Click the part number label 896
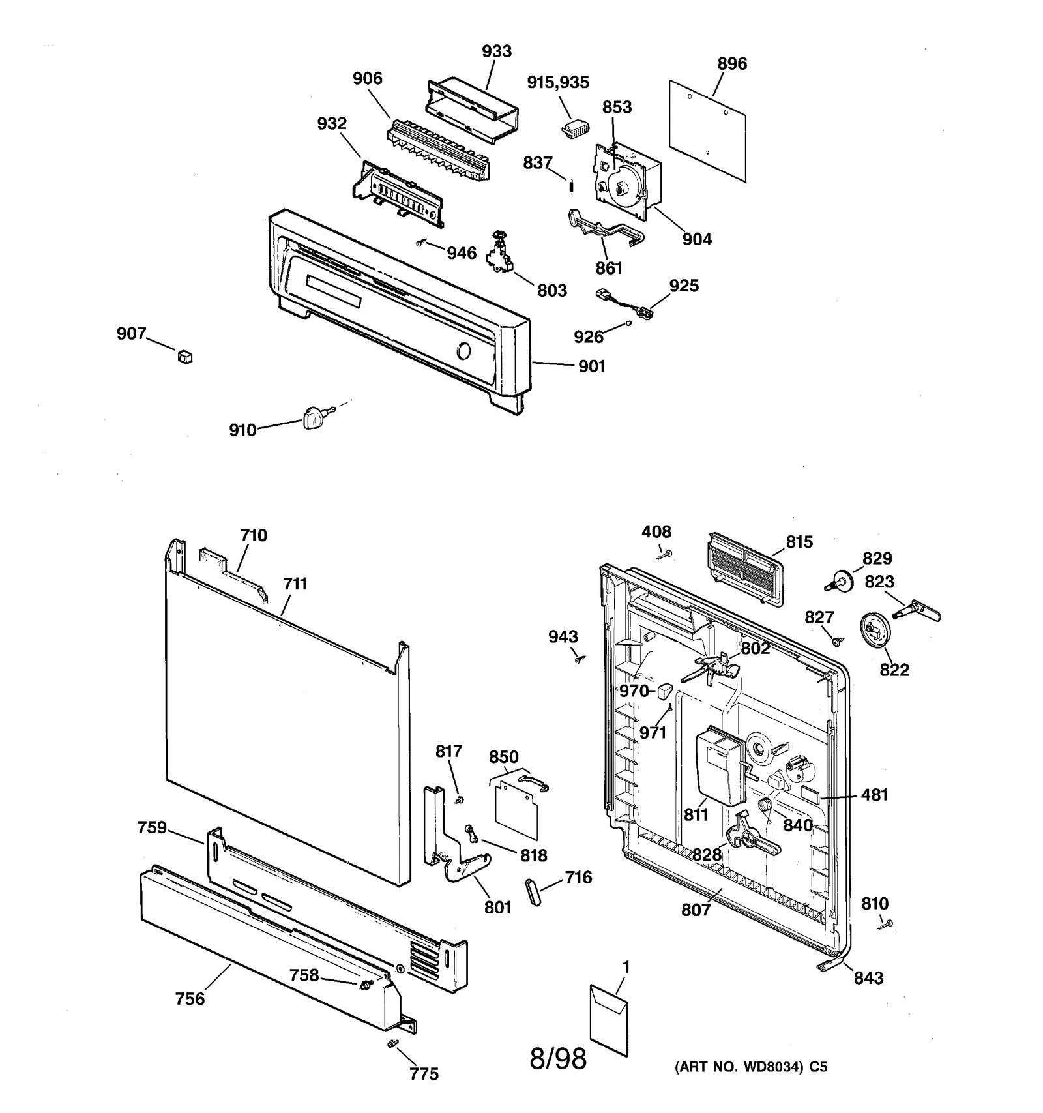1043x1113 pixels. [731, 64]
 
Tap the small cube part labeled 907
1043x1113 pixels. [185, 356]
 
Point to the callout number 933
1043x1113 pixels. [497, 52]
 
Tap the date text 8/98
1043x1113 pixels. [558, 1059]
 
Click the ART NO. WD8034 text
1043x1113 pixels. [750, 1067]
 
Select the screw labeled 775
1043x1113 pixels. [392, 1044]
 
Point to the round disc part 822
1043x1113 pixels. [875, 630]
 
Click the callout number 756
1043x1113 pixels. [190, 999]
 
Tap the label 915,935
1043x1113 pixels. [558, 83]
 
